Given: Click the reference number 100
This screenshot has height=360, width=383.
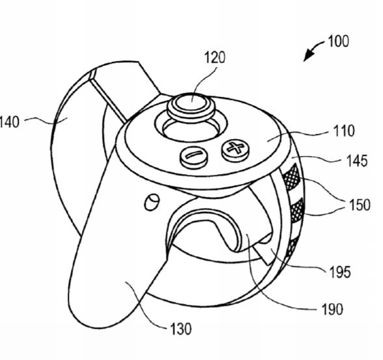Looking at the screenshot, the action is tap(338, 41).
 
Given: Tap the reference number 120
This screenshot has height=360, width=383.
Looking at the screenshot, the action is tap(215, 57).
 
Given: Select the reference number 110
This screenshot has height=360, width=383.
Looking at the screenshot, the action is tap(344, 131).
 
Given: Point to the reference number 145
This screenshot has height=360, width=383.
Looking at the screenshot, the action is tap(357, 161).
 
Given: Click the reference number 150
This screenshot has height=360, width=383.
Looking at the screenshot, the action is tap(360, 205).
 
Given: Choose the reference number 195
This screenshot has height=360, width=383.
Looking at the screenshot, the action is tap(340, 272).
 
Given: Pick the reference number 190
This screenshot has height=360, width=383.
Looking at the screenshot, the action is tap(332, 309).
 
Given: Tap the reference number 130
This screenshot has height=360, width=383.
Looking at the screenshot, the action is tap(181, 329).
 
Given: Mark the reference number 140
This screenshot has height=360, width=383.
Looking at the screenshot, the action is tap(9, 122).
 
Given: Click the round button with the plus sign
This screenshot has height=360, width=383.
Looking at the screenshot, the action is tap(235, 149).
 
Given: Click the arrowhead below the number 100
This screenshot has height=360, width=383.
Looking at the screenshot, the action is tap(308, 55).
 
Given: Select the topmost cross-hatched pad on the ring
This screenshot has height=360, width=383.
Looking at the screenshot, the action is tap(292, 177).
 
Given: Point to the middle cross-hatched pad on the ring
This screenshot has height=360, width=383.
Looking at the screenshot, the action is tap(297, 210).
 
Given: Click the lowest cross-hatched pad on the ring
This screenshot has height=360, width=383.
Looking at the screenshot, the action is tap(293, 246).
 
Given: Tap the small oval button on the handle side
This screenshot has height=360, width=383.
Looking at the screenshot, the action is tap(152, 202).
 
